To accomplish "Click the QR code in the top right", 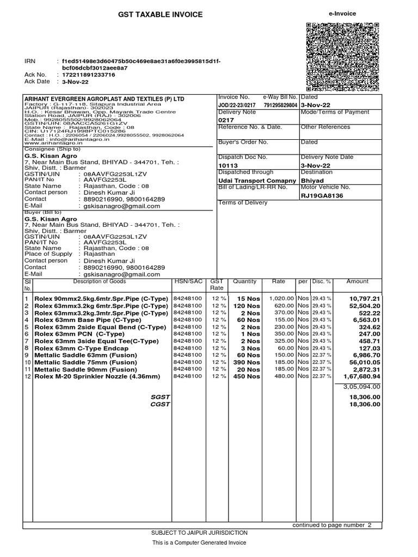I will coord(342,57).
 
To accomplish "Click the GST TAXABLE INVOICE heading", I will coord(160,15).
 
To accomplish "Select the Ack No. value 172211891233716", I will coord(88,75).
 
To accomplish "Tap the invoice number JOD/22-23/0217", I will coord(237,105).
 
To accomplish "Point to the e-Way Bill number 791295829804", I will coord(280,105).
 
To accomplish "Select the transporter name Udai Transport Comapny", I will coord(257,180).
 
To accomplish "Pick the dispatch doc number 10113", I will coord(228,165).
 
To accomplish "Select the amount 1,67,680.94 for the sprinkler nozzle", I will coord(361,376).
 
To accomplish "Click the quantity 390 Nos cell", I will coord(244,362).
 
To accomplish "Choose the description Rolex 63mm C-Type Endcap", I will coord(81,348).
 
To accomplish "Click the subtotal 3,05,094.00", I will coord(361,387).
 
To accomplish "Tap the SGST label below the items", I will coord(161,398).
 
